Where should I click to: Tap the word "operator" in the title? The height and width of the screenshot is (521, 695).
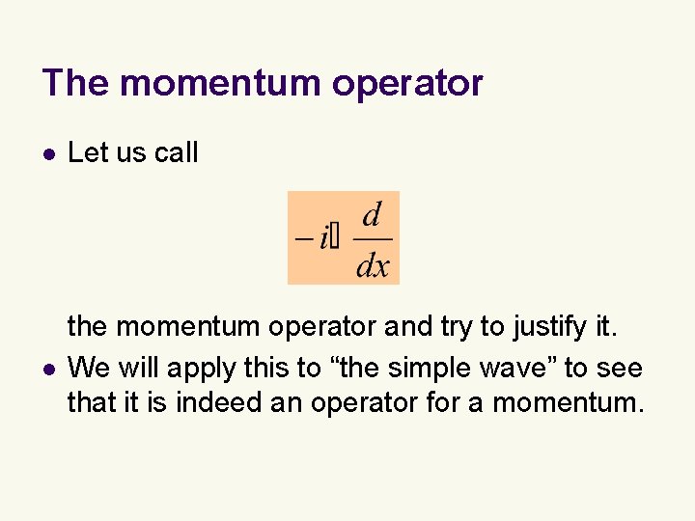(407, 85)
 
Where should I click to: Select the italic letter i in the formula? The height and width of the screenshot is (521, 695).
(321, 236)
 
